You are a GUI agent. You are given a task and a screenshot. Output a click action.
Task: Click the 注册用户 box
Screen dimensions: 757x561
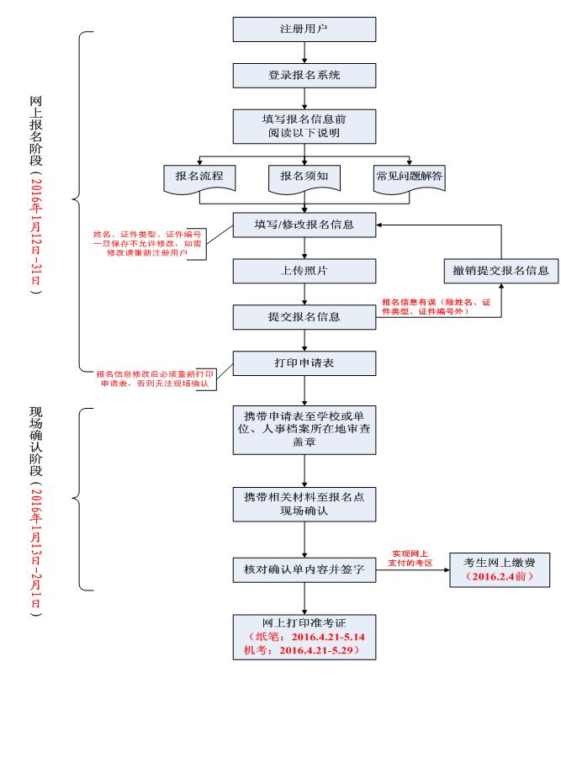(x=304, y=29)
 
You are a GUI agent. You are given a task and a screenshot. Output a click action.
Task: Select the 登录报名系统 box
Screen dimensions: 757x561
(x=304, y=74)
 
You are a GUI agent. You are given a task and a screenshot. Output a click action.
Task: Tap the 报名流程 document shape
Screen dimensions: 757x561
(x=199, y=177)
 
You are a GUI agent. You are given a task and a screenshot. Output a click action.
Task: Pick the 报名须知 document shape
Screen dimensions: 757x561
(x=304, y=177)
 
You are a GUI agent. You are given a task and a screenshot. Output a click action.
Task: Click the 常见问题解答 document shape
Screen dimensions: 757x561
(x=409, y=177)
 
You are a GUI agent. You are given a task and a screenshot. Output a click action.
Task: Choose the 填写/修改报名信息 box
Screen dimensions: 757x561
(x=304, y=225)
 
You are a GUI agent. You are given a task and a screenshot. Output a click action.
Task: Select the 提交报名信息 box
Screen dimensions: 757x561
(x=304, y=316)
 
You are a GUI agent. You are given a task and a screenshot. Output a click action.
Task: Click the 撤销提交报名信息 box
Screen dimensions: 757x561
(x=501, y=270)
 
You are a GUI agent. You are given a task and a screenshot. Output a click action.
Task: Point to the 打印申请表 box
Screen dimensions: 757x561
(x=304, y=363)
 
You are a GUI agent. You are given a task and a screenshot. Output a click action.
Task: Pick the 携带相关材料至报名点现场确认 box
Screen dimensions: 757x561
(x=304, y=503)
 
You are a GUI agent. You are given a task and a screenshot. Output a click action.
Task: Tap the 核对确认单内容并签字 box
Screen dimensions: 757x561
(x=304, y=569)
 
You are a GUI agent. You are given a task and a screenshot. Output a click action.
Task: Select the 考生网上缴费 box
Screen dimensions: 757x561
(x=500, y=569)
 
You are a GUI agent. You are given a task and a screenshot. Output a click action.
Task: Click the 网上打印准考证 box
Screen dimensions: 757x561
(x=304, y=636)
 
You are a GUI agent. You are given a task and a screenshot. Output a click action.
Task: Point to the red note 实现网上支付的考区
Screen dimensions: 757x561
(x=412, y=558)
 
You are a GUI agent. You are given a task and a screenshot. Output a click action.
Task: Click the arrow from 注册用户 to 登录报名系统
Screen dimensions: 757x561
(x=304, y=52)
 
